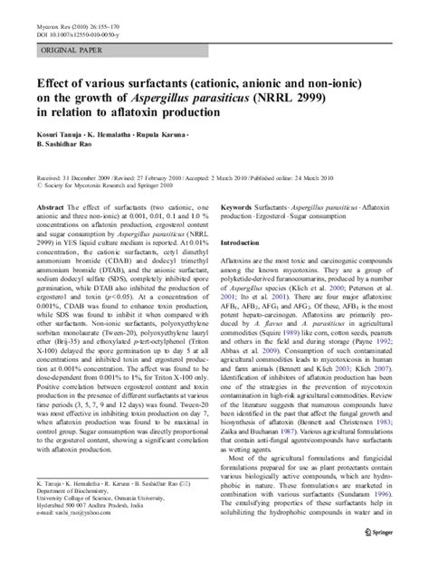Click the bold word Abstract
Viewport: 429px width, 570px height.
(46, 207)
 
